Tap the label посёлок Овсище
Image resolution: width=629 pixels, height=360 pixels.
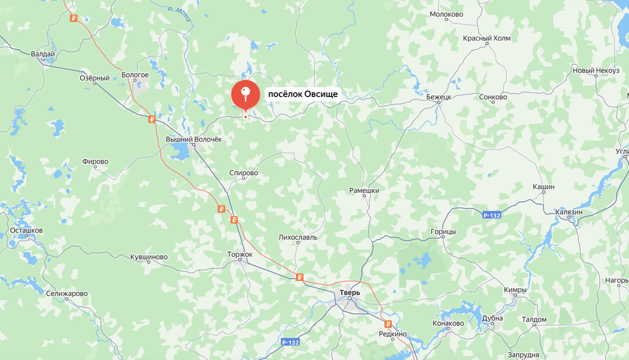tap(303, 95)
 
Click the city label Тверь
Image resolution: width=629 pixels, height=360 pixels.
tap(350, 292)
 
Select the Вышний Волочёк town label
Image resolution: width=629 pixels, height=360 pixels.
tap(194, 140)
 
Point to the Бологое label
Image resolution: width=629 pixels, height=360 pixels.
tap(135, 75)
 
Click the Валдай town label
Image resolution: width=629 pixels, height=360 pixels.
tap(43, 53)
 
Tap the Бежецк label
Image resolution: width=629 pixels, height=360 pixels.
tap(439, 97)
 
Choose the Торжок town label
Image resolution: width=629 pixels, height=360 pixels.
tap(240, 254)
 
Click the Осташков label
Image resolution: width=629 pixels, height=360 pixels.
tap(26, 231)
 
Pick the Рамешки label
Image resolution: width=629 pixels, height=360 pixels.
tap(364, 191)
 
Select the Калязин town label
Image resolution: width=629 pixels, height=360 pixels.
tap(569, 212)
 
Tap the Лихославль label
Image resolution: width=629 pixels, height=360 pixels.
tap(298, 237)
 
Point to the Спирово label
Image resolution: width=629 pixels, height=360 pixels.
tap(244, 173)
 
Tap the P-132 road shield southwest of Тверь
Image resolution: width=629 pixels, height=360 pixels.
tap(290, 342)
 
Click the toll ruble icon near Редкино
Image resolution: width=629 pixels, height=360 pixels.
tap(388, 324)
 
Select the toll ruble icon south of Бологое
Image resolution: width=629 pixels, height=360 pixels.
tap(152, 119)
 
